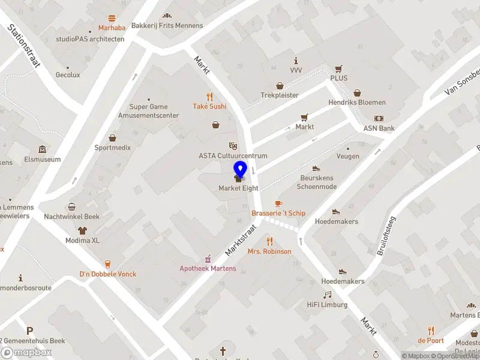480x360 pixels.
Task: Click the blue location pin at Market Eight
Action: [x=240, y=170]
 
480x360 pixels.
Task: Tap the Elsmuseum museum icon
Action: [x=41, y=149]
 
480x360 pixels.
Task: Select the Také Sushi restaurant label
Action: [x=209, y=106]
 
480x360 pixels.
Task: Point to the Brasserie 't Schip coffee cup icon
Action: [x=278, y=204]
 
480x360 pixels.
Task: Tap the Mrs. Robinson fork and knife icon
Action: [x=269, y=241]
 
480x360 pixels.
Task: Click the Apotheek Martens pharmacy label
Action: [x=208, y=268]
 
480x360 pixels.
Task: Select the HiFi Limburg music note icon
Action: [x=327, y=295]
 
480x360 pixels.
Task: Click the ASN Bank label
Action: [x=379, y=128]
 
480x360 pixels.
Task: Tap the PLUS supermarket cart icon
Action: [x=338, y=68]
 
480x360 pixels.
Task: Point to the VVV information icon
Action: [x=296, y=61]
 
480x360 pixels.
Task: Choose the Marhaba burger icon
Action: [x=112, y=19]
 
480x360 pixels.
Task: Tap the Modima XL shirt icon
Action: [x=82, y=230]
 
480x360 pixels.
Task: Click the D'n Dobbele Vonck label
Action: [x=108, y=274]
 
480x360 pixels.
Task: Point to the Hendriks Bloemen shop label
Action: [x=357, y=103]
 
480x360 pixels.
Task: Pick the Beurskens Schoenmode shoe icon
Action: [x=316, y=169]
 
